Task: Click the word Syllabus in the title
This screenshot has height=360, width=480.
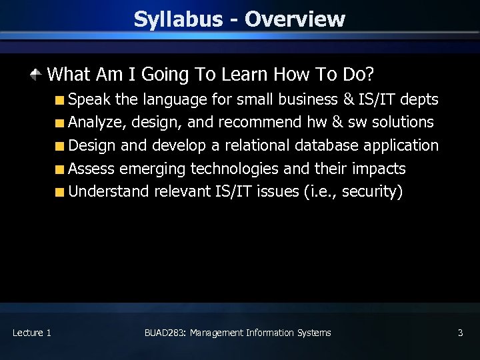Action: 177,19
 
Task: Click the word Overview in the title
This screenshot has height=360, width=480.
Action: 294,19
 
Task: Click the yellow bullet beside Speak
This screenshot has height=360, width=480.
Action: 60,101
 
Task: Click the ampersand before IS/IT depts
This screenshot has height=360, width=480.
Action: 348,100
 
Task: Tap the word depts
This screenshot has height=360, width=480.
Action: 419,100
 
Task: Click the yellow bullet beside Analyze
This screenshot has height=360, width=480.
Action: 60,123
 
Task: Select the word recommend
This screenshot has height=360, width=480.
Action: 260,123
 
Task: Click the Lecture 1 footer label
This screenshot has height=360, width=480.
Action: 31,333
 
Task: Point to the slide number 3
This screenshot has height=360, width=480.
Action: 460,333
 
